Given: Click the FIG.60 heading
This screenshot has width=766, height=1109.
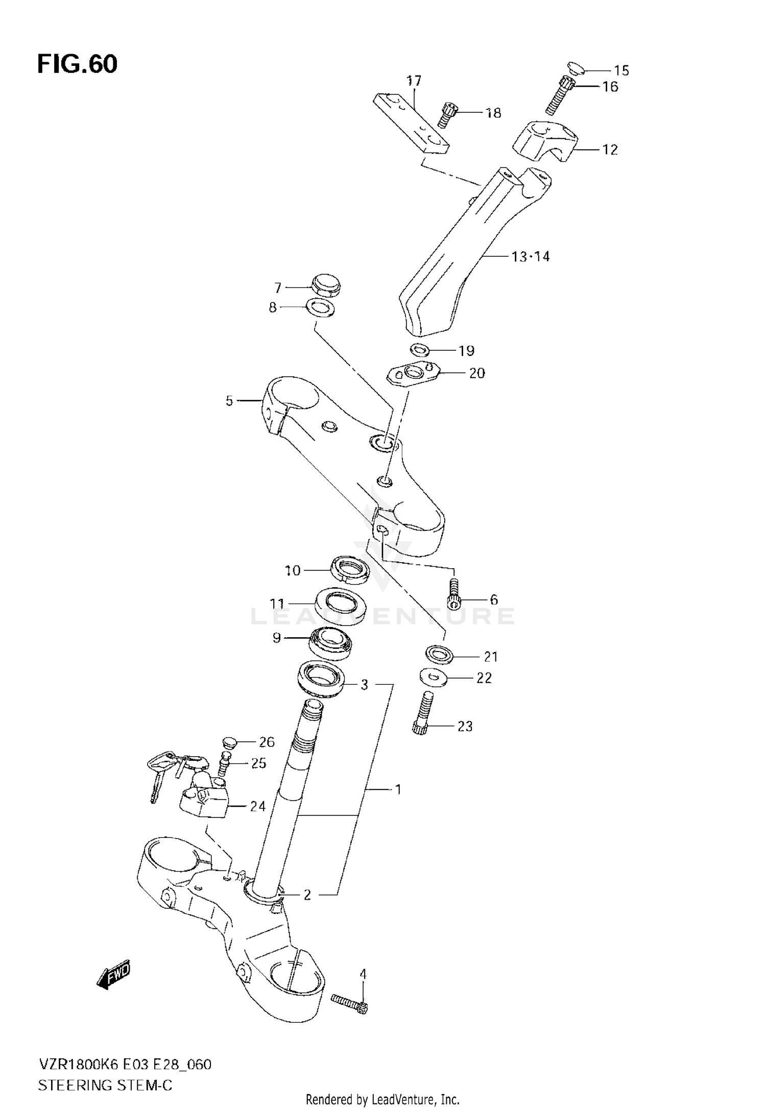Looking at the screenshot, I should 77,64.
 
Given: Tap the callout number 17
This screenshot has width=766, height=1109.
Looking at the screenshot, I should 414,81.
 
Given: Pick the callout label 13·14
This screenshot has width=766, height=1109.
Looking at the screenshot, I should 531,256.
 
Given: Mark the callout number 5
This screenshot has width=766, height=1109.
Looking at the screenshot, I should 229,401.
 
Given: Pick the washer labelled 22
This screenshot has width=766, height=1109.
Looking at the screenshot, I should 433,678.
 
